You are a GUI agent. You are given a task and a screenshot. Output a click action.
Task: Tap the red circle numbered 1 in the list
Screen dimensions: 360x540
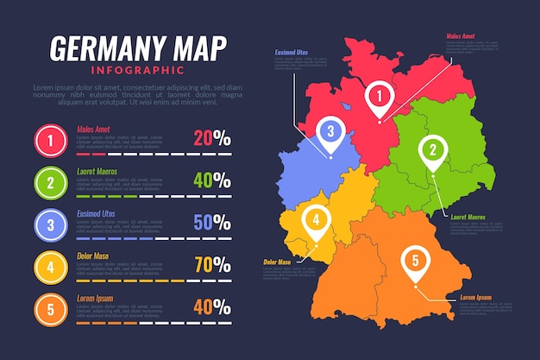51,139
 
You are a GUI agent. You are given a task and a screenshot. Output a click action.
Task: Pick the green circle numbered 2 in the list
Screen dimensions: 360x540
51,181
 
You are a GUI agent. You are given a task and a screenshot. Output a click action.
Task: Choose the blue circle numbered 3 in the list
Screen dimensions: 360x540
51,224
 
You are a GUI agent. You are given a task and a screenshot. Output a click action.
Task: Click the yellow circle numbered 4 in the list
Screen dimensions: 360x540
51,267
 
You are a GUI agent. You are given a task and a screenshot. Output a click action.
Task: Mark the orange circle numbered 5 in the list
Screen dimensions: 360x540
51,309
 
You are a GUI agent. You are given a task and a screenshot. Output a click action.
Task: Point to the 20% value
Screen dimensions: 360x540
212,137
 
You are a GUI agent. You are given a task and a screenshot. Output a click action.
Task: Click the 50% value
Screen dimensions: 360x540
212,223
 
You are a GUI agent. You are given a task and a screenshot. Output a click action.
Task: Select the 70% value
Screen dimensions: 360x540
212,265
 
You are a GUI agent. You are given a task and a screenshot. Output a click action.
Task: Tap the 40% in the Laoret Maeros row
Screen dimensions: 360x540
212,180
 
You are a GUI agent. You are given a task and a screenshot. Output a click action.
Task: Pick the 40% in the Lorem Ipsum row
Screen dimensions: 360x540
212,306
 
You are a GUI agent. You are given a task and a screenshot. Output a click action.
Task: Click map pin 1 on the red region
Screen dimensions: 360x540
377,97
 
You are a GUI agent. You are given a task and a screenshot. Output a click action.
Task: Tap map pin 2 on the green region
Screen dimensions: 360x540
432,150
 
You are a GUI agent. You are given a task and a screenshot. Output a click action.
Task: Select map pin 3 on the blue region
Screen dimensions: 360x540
330,131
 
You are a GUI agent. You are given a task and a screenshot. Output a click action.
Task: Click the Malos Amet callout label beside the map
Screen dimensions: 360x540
460,36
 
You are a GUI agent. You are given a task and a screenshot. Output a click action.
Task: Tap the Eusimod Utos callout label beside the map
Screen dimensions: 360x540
291,53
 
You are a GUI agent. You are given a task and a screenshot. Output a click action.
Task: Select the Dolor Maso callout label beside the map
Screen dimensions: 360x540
276,262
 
